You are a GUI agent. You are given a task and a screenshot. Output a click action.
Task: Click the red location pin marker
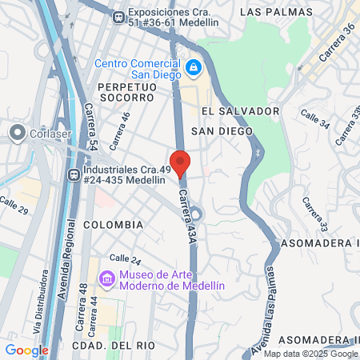coord(180,162)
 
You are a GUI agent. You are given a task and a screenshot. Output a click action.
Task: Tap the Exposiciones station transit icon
coord(118,16)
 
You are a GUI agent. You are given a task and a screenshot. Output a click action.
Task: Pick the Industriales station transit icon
coord(74,173)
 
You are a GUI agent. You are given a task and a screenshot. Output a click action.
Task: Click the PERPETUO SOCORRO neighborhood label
coord(125,91)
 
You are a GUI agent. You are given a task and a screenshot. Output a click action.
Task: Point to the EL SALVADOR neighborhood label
coord(239,111)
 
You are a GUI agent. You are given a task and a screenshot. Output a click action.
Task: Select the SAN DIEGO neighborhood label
coord(222,130)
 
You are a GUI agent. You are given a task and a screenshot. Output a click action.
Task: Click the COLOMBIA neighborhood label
coord(114,225)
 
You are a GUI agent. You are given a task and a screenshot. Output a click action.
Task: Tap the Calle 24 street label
coord(125,258)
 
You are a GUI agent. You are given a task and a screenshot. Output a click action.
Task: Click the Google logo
coord(26,350)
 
